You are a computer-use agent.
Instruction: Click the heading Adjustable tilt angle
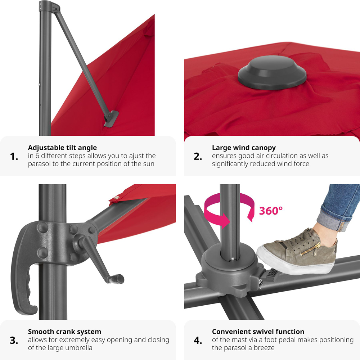62,148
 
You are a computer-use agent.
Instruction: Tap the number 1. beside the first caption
14,157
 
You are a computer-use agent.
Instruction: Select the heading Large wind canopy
244,148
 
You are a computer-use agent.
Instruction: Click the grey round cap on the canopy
272,75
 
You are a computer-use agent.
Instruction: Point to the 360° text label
271,210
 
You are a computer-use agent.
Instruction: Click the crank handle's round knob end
119,279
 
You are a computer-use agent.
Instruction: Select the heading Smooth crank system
64,332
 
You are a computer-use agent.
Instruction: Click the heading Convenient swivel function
258,332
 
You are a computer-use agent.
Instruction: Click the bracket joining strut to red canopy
111,118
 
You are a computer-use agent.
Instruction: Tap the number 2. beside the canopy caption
198,157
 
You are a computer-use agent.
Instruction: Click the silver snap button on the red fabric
116,198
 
